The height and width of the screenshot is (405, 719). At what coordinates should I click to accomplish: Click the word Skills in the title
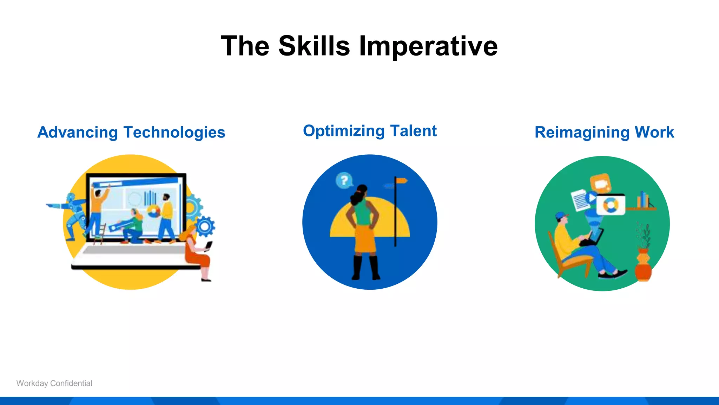pyautogui.click(x=314, y=46)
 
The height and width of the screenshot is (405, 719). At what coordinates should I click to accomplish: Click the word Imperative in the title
pyautogui.click(x=428, y=47)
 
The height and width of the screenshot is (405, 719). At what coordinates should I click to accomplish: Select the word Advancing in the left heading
pyautogui.click(x=78, y=133)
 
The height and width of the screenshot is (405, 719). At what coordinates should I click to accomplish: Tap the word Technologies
pyautogui.click(x=174, y=133)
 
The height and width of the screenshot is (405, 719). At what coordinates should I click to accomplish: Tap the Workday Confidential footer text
pyautogui.click(x=54, y=383)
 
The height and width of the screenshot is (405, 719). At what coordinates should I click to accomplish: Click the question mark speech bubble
pyautogui.click(x=344, y=181)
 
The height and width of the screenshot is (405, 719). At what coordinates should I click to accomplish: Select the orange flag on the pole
pyautogui.click(x=401, y=181)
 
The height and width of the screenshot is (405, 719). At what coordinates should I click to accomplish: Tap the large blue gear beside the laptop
pyautogui.click(x=205, y=226)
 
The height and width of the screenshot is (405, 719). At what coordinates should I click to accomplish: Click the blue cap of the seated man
pyautogui.click(x=561, y=215)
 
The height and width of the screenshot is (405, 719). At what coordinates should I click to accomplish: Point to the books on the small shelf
pyautogui.click(x=643, y=200)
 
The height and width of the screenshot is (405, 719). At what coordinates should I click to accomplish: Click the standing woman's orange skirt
pyautogui.click(x=365, y=239)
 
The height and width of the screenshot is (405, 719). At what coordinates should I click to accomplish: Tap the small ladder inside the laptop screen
pyautogui.click(x=99, y=233)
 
